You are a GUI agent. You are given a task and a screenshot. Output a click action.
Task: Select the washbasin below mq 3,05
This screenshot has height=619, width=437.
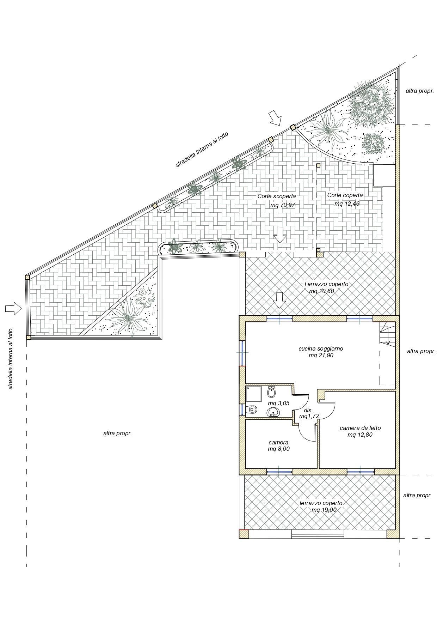click(273, 412)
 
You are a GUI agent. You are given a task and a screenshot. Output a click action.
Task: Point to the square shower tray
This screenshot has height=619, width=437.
click(253, 394)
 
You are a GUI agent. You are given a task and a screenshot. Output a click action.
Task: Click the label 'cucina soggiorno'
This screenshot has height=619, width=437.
click(321, 348)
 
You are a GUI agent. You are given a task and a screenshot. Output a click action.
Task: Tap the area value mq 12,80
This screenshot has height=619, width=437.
click(360, 435)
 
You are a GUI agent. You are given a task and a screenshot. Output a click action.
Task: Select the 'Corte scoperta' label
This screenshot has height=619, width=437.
click(277, 196)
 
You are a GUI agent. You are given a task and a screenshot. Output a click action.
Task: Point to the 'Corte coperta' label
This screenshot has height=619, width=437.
click(345, 195)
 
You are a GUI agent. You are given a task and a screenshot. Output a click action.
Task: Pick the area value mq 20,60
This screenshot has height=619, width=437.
click(321, 291)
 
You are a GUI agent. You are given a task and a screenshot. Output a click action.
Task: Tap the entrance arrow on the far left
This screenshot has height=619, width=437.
click(13, 308)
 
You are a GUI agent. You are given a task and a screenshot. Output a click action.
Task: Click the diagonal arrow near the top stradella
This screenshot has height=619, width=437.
click(275, 118)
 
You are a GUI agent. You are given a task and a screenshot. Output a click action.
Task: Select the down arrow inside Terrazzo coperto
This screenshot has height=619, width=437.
click(280, 300)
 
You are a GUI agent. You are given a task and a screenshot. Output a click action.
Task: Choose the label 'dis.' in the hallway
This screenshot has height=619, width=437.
click(308, 410)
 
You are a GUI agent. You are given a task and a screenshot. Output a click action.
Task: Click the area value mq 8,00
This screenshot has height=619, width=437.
click(279, 449)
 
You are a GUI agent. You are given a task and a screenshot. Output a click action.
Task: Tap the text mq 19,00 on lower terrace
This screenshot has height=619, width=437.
click(324, 510)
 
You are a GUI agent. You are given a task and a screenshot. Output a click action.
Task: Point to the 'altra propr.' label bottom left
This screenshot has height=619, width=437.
click(118, 433)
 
